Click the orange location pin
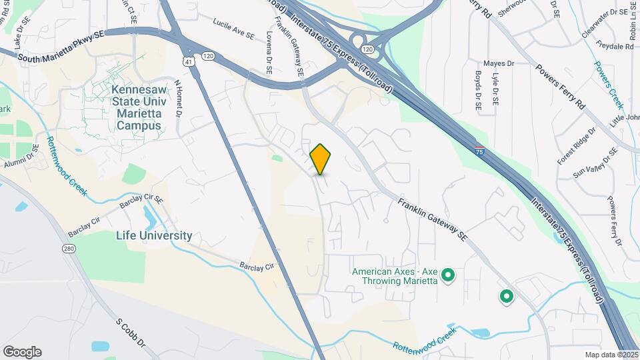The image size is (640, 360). [321, 159]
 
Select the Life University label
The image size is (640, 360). [154, 235]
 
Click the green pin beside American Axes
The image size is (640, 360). [449, 274]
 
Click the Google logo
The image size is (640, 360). [22, 351]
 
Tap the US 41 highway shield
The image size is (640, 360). [190, 61]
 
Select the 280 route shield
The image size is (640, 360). [69, 249]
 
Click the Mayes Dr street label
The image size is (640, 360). [499, 64]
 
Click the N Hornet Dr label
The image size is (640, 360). [178, 98]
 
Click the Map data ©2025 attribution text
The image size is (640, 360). [611, 355]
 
